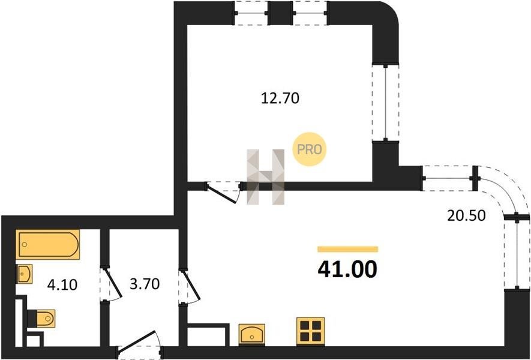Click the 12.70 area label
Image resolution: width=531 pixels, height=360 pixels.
(280, 98)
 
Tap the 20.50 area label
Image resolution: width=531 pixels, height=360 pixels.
(466, 215)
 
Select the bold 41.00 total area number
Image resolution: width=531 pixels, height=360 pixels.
(347, 269)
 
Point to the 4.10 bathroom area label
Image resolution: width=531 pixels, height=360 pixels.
(62, 285)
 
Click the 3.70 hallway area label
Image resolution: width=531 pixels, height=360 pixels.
(145, 284)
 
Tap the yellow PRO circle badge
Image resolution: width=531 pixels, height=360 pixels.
(310, 149)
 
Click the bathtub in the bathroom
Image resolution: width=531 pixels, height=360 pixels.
(48, 245)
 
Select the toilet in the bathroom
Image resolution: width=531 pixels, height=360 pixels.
(41, 319)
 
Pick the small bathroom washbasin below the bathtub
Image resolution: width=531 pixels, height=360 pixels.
(25, 274)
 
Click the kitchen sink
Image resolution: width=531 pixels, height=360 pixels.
(251, 335)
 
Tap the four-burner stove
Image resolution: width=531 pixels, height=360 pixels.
(311, 331)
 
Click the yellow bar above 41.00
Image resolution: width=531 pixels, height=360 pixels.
(348, 250)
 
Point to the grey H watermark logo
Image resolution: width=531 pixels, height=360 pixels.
(265, 177)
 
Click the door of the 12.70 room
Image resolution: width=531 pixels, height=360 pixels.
(223, 193)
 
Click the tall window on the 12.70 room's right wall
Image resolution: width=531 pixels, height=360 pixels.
(385, 102)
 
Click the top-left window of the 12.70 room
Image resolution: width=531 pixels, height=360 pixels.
(251, 13)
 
